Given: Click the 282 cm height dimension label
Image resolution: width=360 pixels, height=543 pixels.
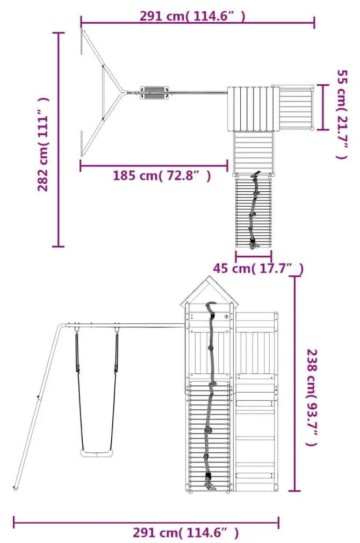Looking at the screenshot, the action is pos(43,144).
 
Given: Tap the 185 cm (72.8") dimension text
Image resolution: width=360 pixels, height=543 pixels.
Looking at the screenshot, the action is pos(162,176).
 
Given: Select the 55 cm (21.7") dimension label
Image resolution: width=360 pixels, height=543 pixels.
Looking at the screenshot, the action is pos(342,114).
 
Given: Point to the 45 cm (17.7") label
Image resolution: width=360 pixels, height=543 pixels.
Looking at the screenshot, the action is pos(258,269).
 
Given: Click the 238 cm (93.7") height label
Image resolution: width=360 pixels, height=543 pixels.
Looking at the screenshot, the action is pos(312,397).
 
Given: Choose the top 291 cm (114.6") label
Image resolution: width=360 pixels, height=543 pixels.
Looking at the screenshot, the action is pos(192,16).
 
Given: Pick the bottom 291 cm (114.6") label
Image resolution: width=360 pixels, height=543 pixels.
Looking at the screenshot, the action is pos(186,532).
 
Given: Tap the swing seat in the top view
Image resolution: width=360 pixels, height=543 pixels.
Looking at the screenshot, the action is pos(155,93).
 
